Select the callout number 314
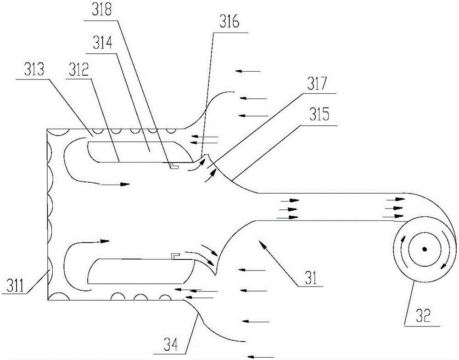(x=102, y=44)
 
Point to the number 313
(x=34, y=70)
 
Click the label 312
(x=78, y=70)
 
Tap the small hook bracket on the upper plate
(x=174, y=166)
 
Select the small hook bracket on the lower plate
(x=175, y=256)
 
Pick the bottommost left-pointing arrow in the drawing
(x=261, y=356)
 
